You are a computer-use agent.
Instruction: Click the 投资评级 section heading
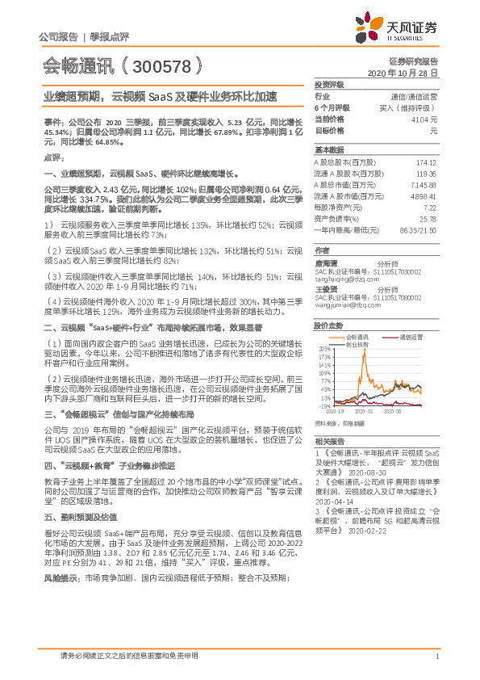329,84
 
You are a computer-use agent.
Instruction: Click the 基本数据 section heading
329,150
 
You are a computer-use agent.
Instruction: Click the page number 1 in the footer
436,656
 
